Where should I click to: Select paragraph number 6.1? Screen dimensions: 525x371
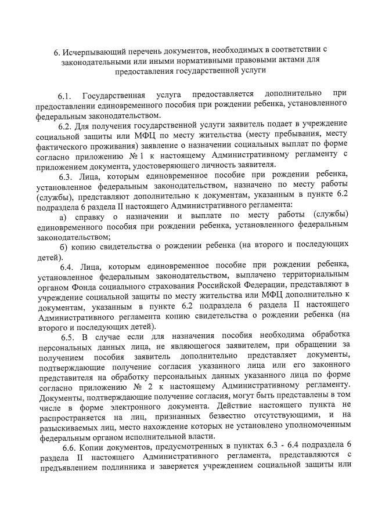tap(66, 95)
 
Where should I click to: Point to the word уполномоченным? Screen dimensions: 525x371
tap(312, 426)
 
